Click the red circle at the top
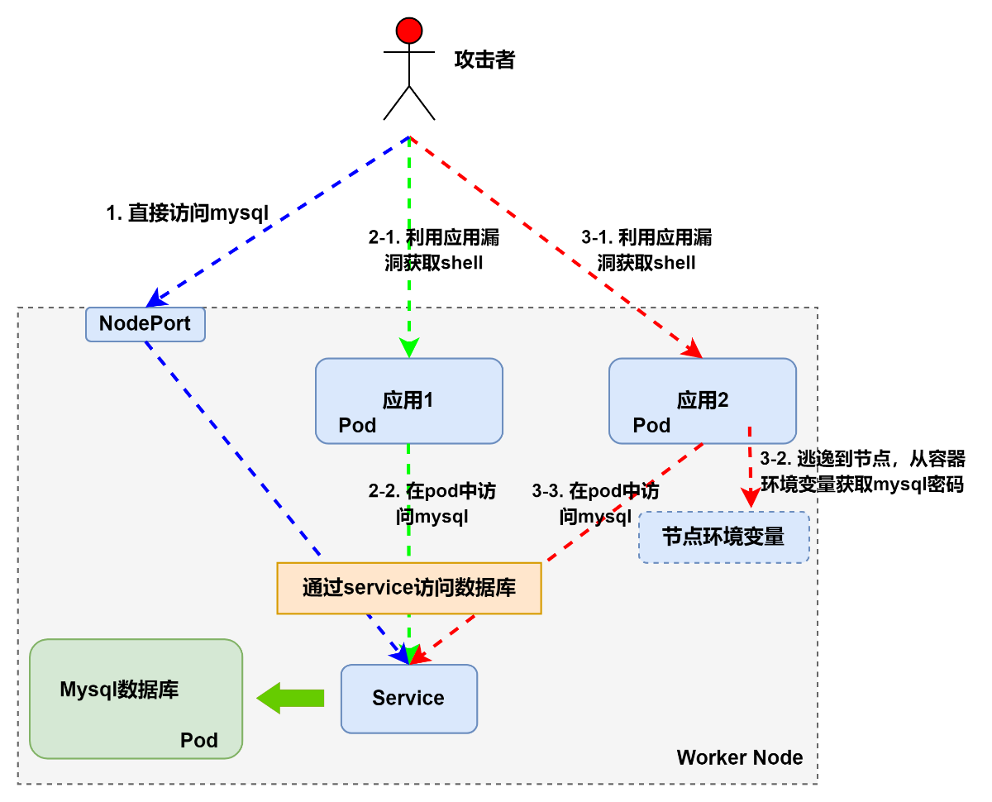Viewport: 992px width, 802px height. (409, 31)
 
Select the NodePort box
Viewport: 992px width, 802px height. (145, 324)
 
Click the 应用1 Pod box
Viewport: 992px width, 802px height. (409, 401)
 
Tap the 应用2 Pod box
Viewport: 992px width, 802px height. (703, 401)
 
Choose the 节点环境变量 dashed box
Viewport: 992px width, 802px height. (723, 537)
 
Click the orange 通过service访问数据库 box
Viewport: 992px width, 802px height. (409, 588)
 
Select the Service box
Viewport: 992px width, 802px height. (409, 699)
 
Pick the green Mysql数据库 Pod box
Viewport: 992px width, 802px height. (136, 699)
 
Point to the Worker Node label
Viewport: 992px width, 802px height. (740, 757)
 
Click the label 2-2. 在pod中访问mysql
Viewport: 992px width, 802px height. (432, 504)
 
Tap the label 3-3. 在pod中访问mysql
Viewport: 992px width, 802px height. (595, 504)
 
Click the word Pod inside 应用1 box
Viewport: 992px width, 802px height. (357, 425)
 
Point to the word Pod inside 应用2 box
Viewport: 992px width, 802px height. (651, 425)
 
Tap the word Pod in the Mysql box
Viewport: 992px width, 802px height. (199, 740)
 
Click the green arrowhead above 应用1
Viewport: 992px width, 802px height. (409, 347)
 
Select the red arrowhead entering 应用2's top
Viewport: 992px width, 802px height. (693, 351)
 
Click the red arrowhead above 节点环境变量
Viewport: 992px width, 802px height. (750, 498)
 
